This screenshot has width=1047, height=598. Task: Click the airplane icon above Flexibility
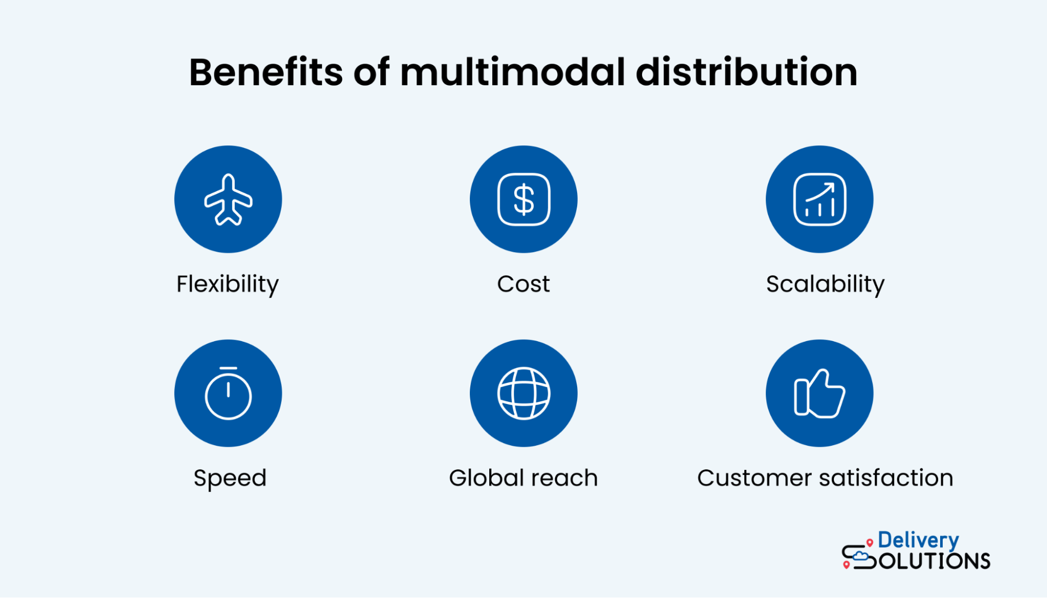(228, 199)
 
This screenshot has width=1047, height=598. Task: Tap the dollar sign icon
(524, 199)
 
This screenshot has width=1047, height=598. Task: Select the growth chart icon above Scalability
(820, 199)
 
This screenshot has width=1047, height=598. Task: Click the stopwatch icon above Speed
(228, 393)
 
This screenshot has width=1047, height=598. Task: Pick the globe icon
(524, 393)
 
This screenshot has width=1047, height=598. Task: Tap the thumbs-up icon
(820, 393)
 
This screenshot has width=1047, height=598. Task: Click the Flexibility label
(228, 284)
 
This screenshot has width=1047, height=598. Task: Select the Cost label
(524, 284)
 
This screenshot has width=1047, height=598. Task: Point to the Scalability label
(825, 284)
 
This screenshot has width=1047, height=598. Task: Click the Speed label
(230, 478)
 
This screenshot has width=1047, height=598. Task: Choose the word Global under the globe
(487, 478)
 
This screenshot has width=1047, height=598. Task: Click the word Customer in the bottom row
(754, 478)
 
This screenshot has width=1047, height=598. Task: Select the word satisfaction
(886, 478)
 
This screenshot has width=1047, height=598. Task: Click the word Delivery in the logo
(918, 540)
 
